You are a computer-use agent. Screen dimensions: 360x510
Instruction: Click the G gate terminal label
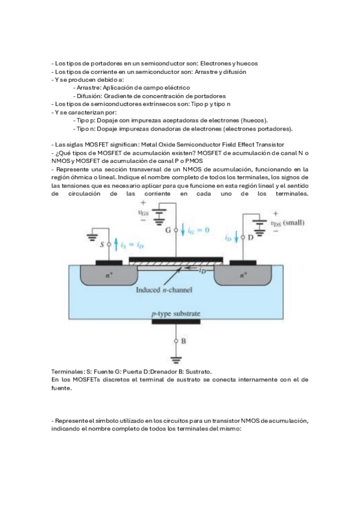click(168, 230)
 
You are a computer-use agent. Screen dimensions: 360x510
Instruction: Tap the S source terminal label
click(102, 244)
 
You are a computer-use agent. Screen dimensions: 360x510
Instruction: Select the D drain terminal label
click(251, 238)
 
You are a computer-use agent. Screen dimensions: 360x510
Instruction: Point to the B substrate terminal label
click(183, 341)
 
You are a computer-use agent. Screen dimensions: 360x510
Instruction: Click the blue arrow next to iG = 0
click(183, 230)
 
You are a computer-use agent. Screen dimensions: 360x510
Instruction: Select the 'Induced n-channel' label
click(163, 290)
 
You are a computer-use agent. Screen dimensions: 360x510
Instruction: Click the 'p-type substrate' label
click(175, 314)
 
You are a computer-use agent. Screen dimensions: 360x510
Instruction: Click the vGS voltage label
click(143, 213)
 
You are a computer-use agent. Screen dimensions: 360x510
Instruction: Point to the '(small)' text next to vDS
click(294, 223)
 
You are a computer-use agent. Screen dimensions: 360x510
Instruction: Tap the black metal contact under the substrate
click(175, 322)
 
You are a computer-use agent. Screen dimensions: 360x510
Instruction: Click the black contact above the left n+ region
click(109, 263)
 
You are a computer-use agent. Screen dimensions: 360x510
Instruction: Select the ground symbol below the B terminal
click(175, 360)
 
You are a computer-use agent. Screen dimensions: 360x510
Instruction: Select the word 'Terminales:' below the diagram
click(69, 372)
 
